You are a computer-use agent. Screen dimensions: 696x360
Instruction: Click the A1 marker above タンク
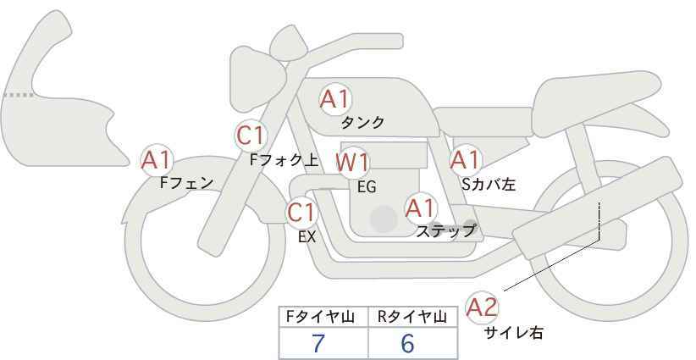[x=335, y=99]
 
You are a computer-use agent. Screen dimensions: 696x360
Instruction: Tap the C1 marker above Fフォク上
[x=251, y=136]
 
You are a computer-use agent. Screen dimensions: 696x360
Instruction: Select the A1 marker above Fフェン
[x=157, y=160]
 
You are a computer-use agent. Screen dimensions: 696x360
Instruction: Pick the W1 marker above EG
[x=351, y=163]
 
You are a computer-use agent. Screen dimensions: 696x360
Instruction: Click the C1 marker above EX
[x=301, y=212]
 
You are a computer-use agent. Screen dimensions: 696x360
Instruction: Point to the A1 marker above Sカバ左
[x=465, y=159]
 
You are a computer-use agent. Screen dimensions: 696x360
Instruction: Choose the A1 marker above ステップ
[x=421, y=208]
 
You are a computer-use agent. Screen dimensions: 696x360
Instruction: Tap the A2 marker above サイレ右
[x=482, y=307]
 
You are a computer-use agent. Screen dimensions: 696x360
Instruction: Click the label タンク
[x=362, y=123]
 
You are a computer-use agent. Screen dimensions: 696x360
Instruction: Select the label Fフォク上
[x=284, y=160]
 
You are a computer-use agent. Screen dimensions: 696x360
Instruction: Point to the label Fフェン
[x=186, y=182]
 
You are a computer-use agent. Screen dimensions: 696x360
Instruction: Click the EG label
[x=367, y=187]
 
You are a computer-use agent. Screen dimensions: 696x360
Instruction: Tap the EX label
[x=307, y=237]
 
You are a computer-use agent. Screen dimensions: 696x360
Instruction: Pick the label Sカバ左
[x=489, y=184]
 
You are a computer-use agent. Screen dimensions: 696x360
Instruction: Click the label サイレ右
[x=514, y=333]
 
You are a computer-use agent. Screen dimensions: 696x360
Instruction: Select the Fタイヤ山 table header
[x=320, y=317]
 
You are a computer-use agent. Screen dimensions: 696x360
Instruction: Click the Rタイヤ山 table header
[x=412, y=317]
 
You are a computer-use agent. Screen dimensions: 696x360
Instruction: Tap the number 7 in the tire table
[x=318, y=343]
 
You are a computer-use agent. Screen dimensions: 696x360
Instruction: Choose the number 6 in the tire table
[x=407, y=343]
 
